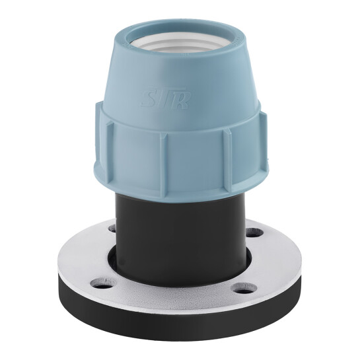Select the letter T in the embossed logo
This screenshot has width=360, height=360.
[x=162, y=98]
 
